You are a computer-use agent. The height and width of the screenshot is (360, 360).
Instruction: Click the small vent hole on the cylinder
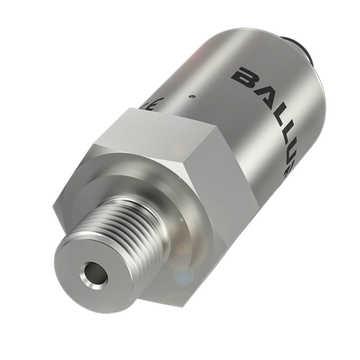(193, 96)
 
